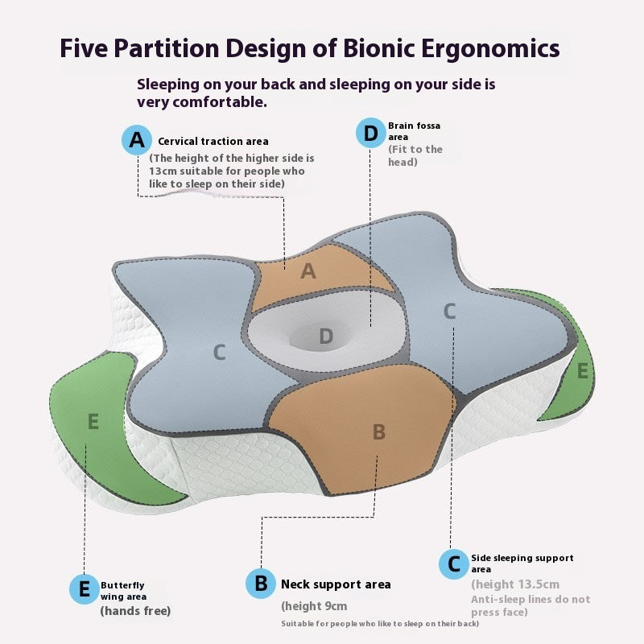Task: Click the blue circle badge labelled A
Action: click(137, 140)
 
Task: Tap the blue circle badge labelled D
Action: click(371, 134)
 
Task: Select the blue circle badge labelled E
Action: click(85, 590)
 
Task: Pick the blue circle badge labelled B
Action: click(261, 583)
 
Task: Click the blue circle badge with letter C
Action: click(454, 563)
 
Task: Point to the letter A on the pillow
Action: click(308, 272)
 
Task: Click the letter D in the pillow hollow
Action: click(325, 336)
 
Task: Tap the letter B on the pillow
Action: click(379, 432)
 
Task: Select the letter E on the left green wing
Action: click(93, 421)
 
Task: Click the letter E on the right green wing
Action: click(583, 371)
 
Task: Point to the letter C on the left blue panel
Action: click(219, 352)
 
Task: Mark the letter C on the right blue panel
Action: click(450, 311)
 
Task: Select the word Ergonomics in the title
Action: click(489, 48)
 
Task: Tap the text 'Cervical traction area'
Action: click(213, 142)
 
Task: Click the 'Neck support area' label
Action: click(336, 584)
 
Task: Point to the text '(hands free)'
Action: click(135, 611)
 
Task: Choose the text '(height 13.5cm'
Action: click(515, 584)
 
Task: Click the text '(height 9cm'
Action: click(314, 606)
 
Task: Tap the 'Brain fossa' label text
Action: click(414, 126)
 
